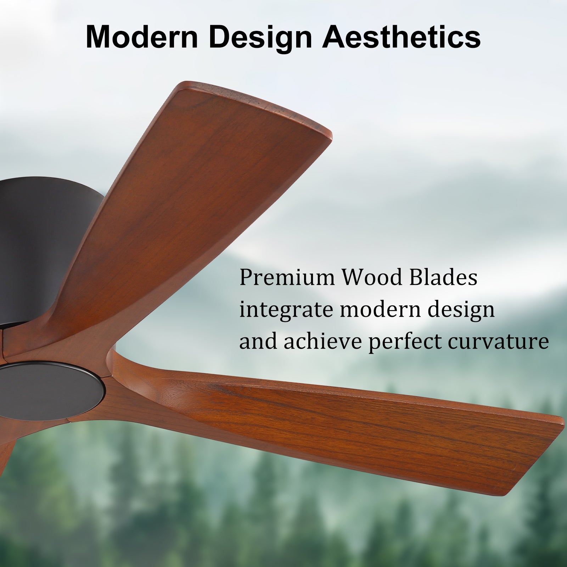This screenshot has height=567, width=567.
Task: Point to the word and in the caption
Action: click(258, 342)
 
